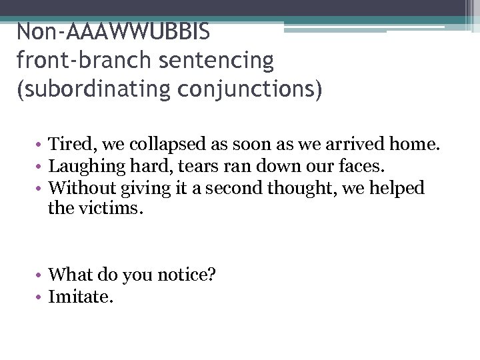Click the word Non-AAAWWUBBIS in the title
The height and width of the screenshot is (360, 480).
point(113,31)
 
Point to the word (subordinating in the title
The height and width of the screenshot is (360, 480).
point(94,89)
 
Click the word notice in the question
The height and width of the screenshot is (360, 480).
point(183,274)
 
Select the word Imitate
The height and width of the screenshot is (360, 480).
point(81,296)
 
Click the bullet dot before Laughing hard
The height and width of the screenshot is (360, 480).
point(41,167)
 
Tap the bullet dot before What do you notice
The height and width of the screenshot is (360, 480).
point(41,275)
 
